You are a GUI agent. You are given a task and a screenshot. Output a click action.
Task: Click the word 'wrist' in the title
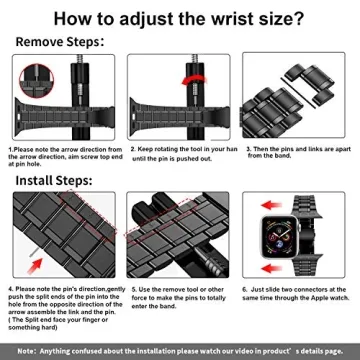[215, 19]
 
